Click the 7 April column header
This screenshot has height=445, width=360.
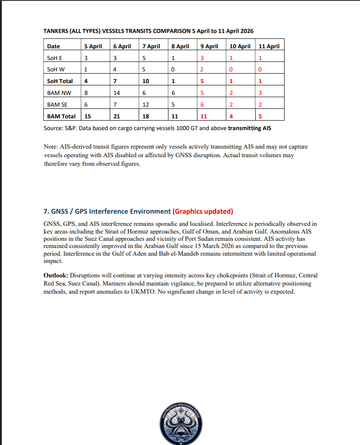[x=151, y=46]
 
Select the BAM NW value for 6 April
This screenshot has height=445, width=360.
[x=116, y=93]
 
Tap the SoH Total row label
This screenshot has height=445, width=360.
[x=60, y=81]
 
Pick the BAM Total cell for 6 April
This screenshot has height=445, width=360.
[x=117, y=117]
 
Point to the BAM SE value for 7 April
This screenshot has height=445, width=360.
[x=145, y=105]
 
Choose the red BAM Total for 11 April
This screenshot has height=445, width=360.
[x=260, y=117]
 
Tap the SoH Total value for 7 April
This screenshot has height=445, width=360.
[x=145, y=81]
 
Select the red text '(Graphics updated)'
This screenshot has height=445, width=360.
[x=203, y=211]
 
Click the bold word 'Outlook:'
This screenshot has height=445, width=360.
[x=56, y=276]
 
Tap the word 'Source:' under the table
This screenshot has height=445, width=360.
[x=55, y=128]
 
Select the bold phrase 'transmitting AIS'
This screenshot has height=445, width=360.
[x=250, y=128]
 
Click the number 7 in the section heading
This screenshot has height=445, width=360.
[x=46, y=211]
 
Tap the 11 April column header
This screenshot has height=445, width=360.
[x=268, y=46]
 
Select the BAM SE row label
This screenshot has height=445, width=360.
[x=57, y=105]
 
